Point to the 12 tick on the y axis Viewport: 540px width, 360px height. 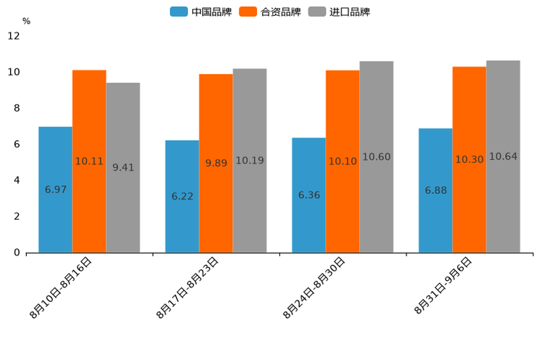tap(14, 36)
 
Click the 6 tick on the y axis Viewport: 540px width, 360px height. tap(17, 144)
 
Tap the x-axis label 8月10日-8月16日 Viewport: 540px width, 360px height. tap(62, 288)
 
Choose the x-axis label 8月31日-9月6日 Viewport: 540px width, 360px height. tap(443, 286)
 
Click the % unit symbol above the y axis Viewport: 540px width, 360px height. tap(26, 21)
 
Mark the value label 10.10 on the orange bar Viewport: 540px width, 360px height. tap(343, 161)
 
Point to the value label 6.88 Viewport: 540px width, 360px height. tap(435, 191)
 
